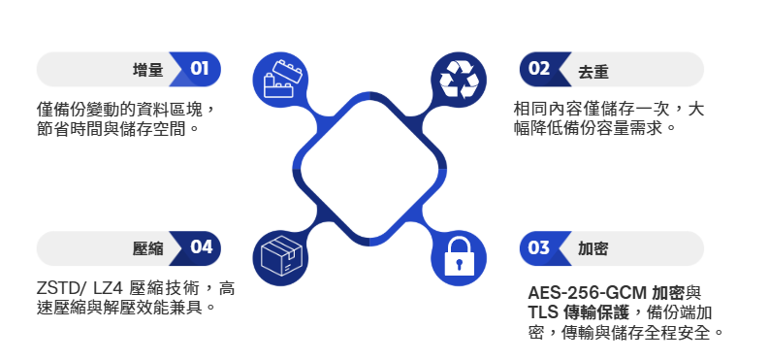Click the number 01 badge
(x=200, y=69)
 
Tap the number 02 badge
(x=539, y=69)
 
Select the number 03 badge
(x=539, y=247)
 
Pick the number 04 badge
(x=200, y=247)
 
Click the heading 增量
(x=147, y=70)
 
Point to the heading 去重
(x=593, y=70)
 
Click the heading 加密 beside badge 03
(x=593, y=248)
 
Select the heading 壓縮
(x=147, y=248)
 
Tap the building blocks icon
(x=279, y=78)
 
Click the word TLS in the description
(x=543, y=312)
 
